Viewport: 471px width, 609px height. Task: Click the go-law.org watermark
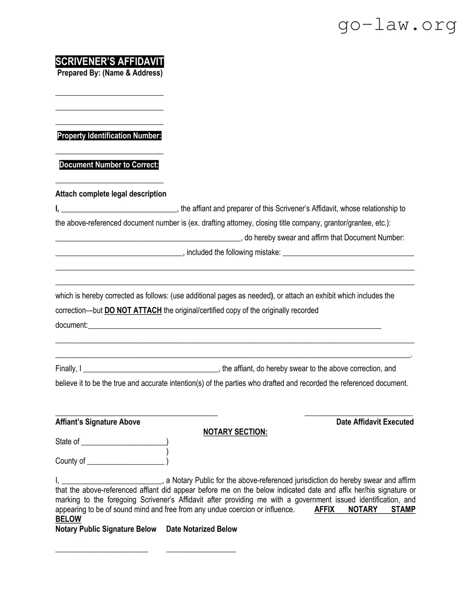(397, 25)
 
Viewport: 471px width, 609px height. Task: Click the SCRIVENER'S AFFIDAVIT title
(109, 62)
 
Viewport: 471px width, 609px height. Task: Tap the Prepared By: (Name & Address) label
(110, 73)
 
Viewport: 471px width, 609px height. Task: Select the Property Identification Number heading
(109, 136)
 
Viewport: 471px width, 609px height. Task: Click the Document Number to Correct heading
(109, 165)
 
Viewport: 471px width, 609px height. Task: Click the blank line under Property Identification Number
(109, 153)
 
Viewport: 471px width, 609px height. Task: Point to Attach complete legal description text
(111, 194)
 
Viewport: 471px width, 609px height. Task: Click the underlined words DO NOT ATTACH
(133, 310)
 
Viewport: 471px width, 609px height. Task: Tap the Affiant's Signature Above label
(98, 422)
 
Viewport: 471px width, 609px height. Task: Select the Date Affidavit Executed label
(375, 422)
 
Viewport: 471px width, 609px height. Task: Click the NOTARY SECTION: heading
(235, 432)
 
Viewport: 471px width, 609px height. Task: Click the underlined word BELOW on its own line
(68, 519)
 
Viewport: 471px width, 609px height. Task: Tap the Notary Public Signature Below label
(106, 529)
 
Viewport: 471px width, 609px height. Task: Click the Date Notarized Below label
(201, 529)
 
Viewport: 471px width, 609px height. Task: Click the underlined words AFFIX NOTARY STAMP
(365, 509)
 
